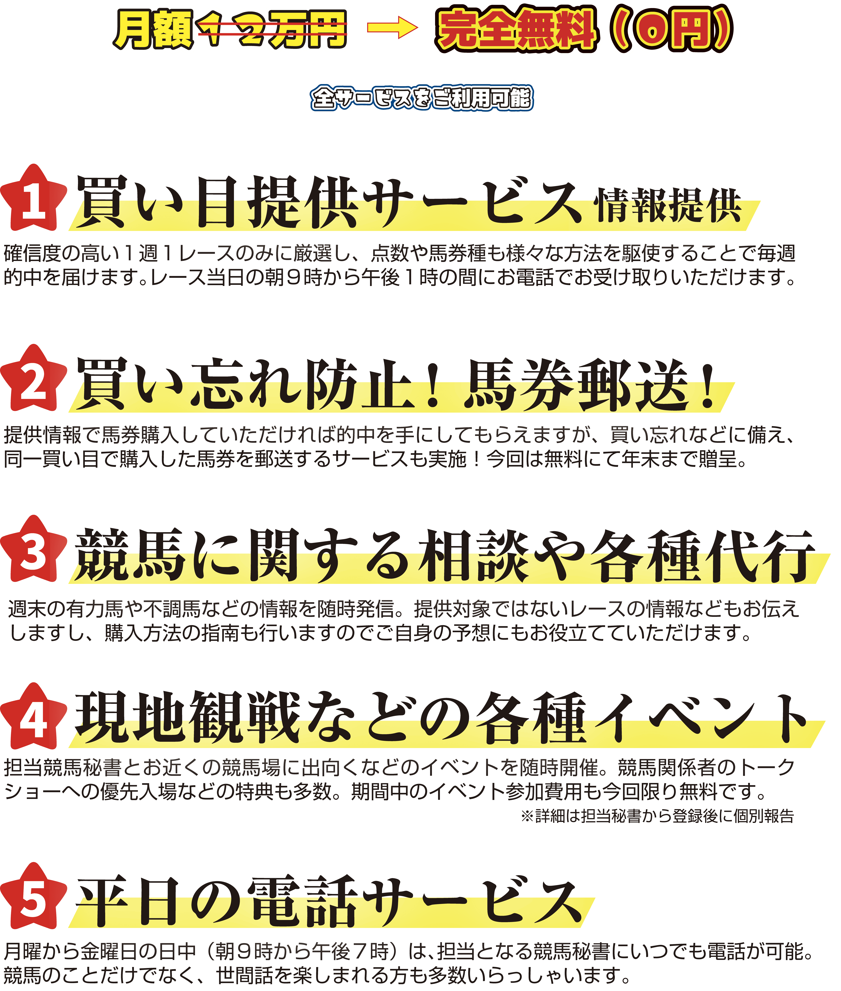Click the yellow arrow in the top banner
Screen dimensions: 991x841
pyautogui.click(x=392, y=29)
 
